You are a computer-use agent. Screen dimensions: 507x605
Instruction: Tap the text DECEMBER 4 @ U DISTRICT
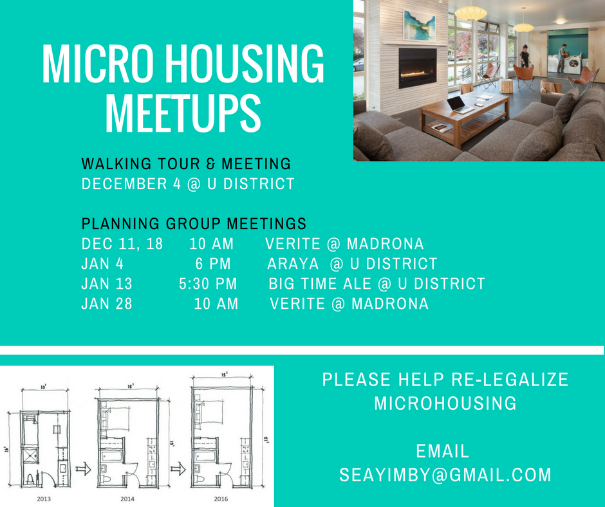pyautogui.click(x=188, y=184)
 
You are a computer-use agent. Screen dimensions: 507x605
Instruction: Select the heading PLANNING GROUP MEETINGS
pyautogui.click(x=194, y=224)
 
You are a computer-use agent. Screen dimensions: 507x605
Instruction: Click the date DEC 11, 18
pyautogui.click(x=122, y=244)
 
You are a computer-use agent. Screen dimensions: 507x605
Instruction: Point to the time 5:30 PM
pyautogui.click(x=208, y=284)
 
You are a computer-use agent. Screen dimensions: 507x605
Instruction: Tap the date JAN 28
pyautogui.click(x=107, y=304)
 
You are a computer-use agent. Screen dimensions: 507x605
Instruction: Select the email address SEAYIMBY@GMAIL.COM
pyautogui.click(x=445, y=475)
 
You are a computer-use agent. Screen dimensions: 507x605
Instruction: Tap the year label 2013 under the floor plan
pyautogui.click(x=44, y=497)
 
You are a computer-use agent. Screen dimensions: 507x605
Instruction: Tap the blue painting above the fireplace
pyautogui.click(x=419, y=25)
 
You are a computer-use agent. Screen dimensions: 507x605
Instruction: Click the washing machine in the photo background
pyautogui.click(x=572, y=64)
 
